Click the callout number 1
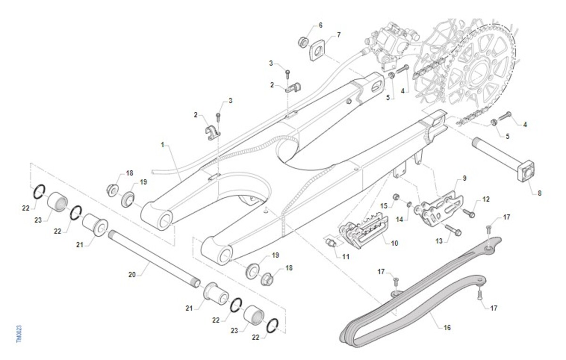pos(163,145)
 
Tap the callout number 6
pos(320,25)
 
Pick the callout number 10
pos(394,243)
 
